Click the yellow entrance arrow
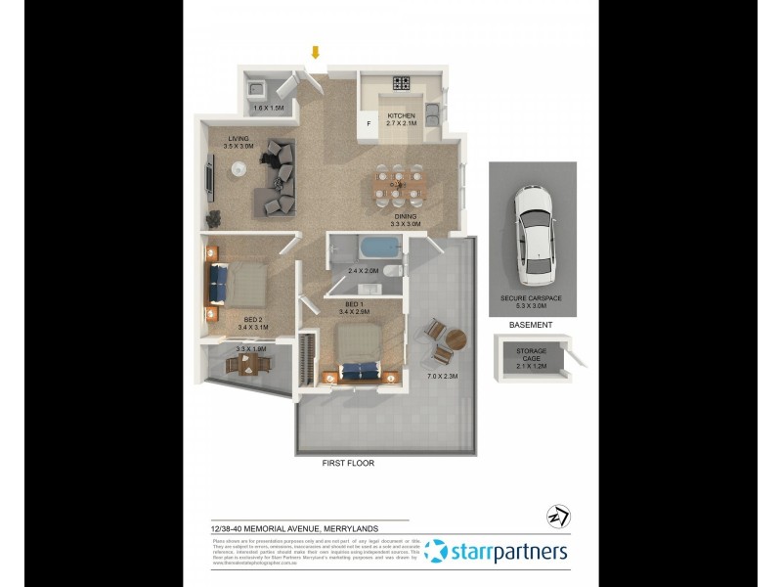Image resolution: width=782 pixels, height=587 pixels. tap(315, 52)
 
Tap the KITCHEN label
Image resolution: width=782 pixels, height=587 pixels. tap(401, 115)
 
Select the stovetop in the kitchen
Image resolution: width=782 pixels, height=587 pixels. tap(402, 82)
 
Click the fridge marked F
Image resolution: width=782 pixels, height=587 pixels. tap(369, 124)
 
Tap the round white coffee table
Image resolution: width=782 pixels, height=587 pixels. tap(239, 169)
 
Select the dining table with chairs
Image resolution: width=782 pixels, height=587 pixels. tap(402, 182)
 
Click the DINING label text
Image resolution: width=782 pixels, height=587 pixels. tap(405, 216)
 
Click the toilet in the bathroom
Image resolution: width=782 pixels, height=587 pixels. tap(391, 271)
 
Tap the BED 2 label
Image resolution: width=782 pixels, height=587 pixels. tap(252, 318)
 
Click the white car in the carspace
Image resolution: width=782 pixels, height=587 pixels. tap(533, 227)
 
